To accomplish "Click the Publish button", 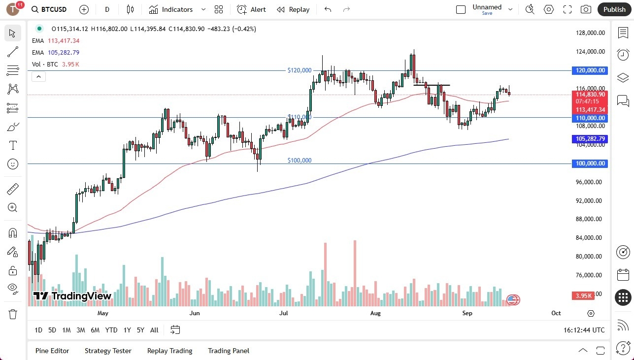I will pos(614,9).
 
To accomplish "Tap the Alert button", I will pos(251,9).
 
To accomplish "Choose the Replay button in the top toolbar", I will pos(293,9).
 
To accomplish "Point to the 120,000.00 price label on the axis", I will pos(590,70).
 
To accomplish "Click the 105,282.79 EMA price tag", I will pos(590,139).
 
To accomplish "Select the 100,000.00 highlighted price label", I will pos(590,164).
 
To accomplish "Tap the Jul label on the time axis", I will pos(284,313).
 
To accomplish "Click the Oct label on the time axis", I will pos(556,313).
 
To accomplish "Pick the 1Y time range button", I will pos(127,330).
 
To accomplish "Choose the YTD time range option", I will pos(111,330).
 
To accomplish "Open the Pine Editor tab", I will pos(52,351).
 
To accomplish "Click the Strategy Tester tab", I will pos(108,351).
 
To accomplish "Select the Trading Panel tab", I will pos(229,351).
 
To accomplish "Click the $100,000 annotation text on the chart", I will pos(300,161).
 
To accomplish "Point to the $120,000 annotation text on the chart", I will pos(300,70).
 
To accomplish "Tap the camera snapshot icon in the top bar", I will pos(586,9).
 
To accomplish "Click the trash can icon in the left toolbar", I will pos(12,314).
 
